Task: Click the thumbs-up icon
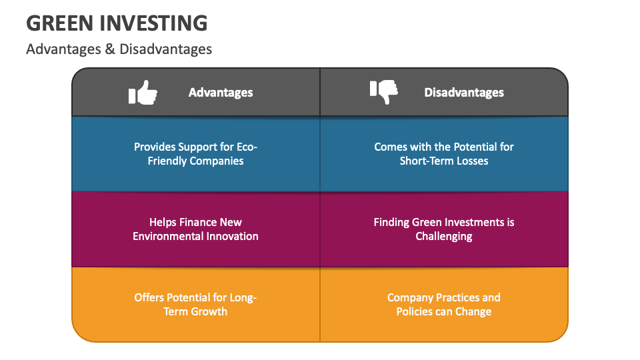click(x=143, y=93)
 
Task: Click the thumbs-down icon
click(x=384, y=92)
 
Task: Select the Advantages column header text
click(x=221, y=93)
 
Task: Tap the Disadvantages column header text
click(x=464, y=93)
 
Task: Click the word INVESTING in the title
click(x=155, y=23)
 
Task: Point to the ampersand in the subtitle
click(x=110, y=49)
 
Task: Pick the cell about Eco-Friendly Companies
click(x=195, y=153)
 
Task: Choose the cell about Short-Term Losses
click(x=444, y=153)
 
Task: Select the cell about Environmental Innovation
click(x=195, y=229)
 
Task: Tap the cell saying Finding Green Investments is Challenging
click(x=444, y=229)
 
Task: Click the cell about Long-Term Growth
click(x=195, y=304)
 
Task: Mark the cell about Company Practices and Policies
click(x=444, y=304)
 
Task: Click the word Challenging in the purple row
click(x=444, y=236)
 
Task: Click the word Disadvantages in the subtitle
click(x=166, y=49)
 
